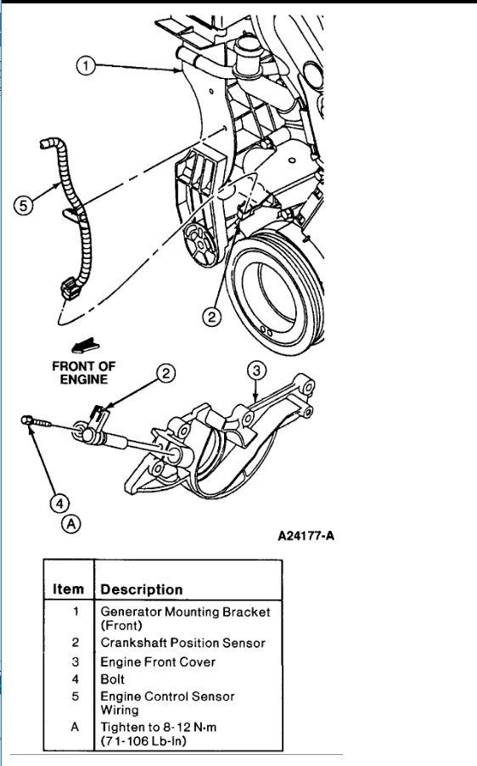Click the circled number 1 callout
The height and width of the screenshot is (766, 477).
click(x=85, y=66)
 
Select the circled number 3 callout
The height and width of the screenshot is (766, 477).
click(x=257, y=369)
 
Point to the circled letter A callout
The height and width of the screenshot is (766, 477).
click(x=72, y=525)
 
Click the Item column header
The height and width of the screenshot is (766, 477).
click(x=69, y=589)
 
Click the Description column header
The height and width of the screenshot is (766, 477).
click(x=141, y=589)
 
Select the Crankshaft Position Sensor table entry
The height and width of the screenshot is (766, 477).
click(x=182, y=643)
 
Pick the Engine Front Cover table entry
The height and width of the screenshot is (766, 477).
click(x=158, y=662)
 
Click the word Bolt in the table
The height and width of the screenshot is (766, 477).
click(x=113, y=679)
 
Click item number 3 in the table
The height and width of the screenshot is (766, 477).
click(x=76, y=662)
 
